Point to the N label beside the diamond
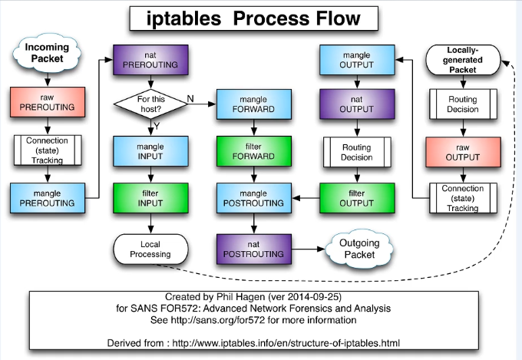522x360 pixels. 190,97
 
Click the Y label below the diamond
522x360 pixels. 157,124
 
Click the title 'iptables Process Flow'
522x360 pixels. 253,18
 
